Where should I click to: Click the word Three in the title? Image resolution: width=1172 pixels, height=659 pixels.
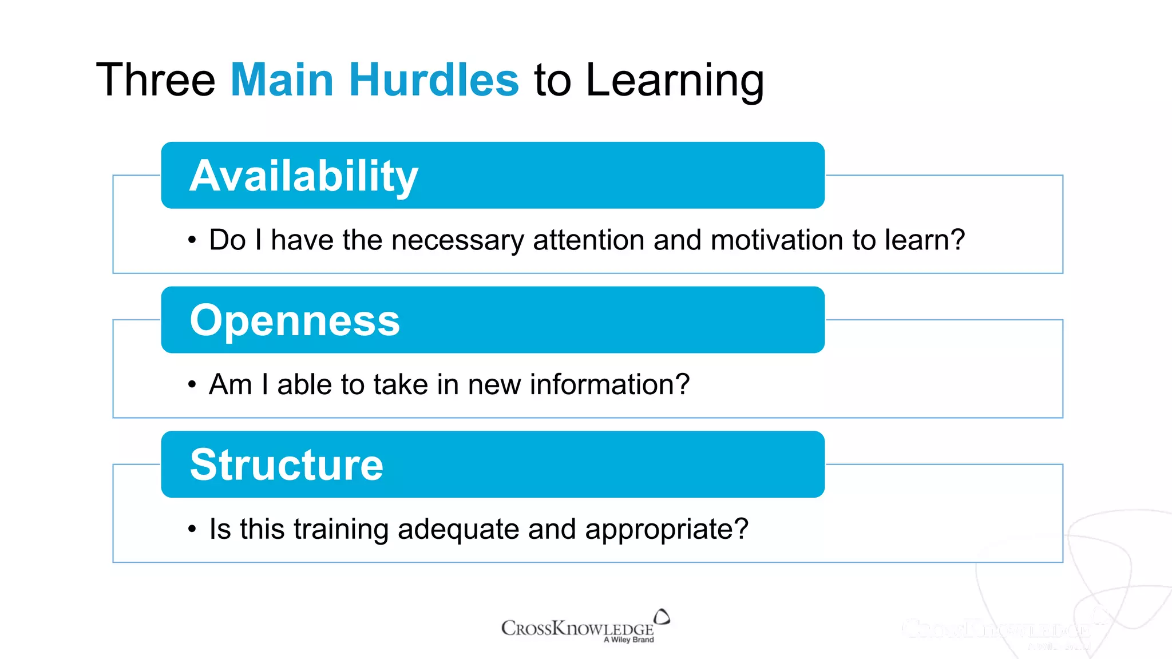tap(156, 80)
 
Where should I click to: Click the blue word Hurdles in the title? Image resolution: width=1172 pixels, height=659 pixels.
tap(434, 80)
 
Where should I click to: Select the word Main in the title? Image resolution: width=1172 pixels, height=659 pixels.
tap(282, 80)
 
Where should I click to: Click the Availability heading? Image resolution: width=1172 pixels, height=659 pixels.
tap(304, 176)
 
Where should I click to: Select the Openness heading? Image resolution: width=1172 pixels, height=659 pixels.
tap(295, 320)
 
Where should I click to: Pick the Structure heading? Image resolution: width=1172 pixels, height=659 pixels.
tap(286, 465)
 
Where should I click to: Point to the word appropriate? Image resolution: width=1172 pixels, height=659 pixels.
tap(667, 530)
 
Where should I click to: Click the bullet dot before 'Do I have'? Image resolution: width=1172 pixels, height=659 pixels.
tap(192, 240)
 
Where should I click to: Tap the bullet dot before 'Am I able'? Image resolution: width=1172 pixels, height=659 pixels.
tap(192, 384)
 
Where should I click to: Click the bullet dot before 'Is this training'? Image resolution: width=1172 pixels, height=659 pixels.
tap(192, 529)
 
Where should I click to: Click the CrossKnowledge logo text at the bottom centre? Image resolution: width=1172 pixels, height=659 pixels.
tap(577, 628)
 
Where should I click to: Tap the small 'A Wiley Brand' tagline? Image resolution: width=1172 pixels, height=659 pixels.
tap(628, 640)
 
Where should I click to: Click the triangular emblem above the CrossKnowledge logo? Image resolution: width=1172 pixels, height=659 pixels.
tap(662, 617)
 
